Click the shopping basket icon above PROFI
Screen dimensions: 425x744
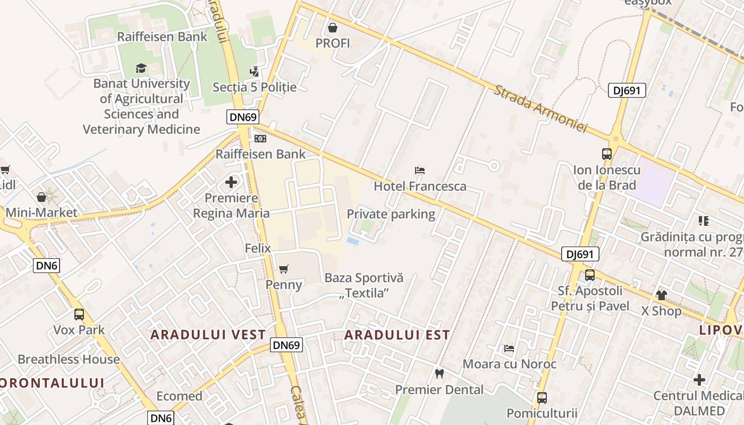click(333, 27)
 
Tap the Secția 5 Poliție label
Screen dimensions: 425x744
click(255, 87)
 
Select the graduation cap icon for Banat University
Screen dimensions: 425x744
click(141, 68)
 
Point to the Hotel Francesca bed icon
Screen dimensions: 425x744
click(420, 171)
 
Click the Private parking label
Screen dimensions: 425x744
click(391, 214)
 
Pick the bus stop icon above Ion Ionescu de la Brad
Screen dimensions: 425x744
click(607, 154)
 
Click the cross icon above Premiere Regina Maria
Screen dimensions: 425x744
click(231, 183)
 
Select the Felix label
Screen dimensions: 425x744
click(258, 248)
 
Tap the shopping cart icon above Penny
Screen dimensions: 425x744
click(284, 269)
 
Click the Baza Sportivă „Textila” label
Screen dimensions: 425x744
click(364, 285)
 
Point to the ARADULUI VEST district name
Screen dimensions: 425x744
click(208, 335)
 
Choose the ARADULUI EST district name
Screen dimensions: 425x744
click(397, 335)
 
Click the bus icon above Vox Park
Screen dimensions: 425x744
click(79, 314)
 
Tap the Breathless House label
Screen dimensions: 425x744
click(69, 359)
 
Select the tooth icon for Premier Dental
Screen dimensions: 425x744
click(439, 373)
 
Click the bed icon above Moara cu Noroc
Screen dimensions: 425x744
click(509, 348)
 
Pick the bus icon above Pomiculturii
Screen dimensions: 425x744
click(542, 397)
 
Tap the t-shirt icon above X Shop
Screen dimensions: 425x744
click(661, 295)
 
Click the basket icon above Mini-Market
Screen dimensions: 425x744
click(41, 198)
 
